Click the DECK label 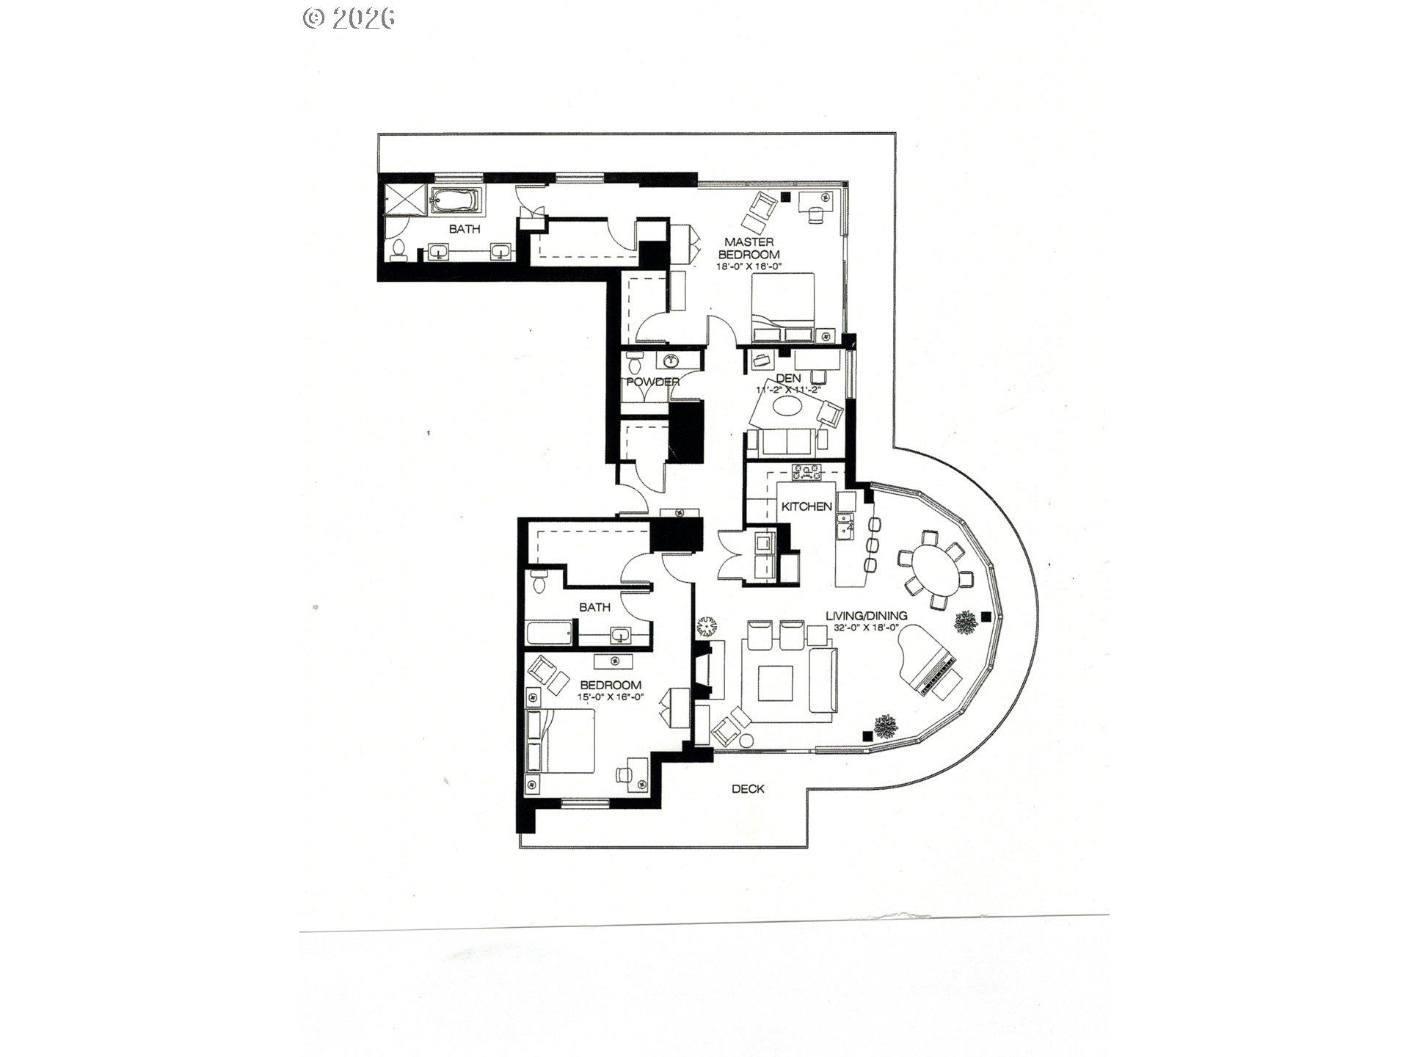[x=748, y=789]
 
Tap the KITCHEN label [x=806, y=506]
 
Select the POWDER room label [x=652, y=382]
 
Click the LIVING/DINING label [x=866, y=616]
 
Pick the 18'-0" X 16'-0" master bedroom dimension [x=749, y=266]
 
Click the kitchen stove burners [x=809, y=473]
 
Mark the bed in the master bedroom [x=782, y=306]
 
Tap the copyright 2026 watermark [x=349, y=18]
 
